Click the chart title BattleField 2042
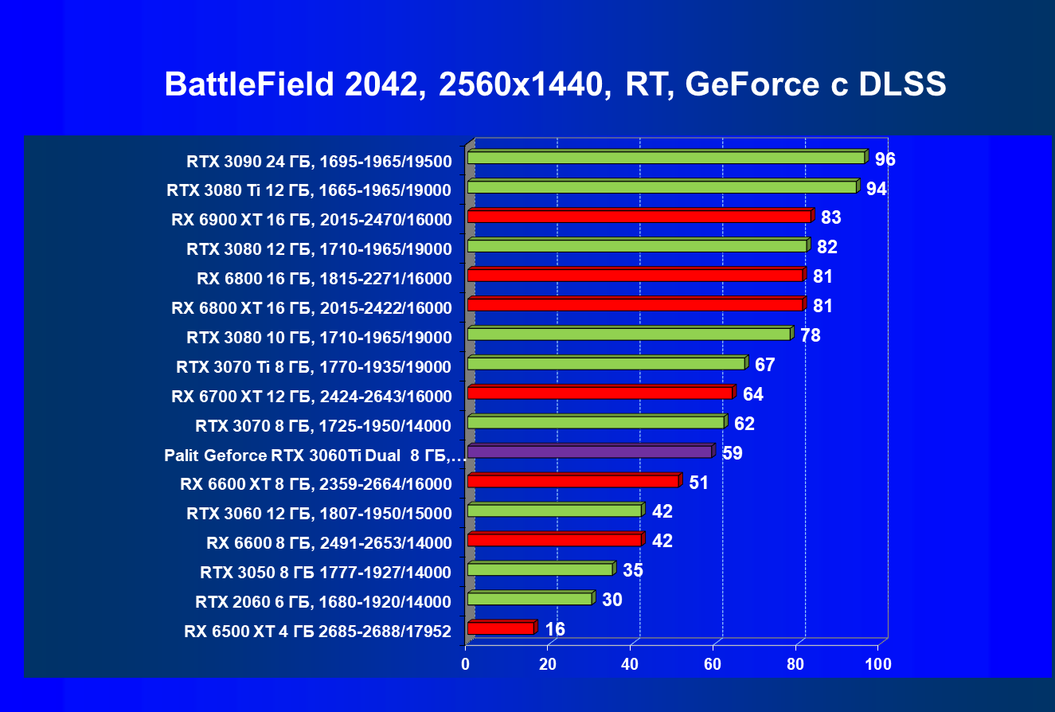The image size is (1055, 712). tap(555, 84)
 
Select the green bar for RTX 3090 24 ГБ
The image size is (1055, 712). tap(666, 158)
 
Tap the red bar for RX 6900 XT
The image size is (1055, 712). tap(639, 217)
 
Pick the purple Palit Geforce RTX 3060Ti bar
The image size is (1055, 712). tap(589, 452)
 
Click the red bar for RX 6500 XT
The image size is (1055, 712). tap(500, 628)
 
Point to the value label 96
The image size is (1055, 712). tap(885, 159)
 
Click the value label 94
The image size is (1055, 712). tap(877, 189)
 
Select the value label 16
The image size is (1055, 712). tap(555, 629)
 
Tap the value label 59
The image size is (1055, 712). tap(733, 453)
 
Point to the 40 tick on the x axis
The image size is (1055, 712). tap(631, 663)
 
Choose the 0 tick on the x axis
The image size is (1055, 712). tap(466, 663)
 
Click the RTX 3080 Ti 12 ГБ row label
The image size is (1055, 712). tap(309, 190)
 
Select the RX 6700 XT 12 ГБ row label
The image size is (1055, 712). tap(311, 396)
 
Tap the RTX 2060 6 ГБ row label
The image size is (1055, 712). tap(323, 601)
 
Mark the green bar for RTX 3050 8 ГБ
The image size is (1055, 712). tap(540, 569)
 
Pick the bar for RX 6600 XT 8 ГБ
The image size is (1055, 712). tap(572, 481)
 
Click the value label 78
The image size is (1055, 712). tap(811, 335)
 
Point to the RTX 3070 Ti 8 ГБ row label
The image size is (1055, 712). tap(314, 366)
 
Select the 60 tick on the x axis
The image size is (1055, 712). tap(713, 663)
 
